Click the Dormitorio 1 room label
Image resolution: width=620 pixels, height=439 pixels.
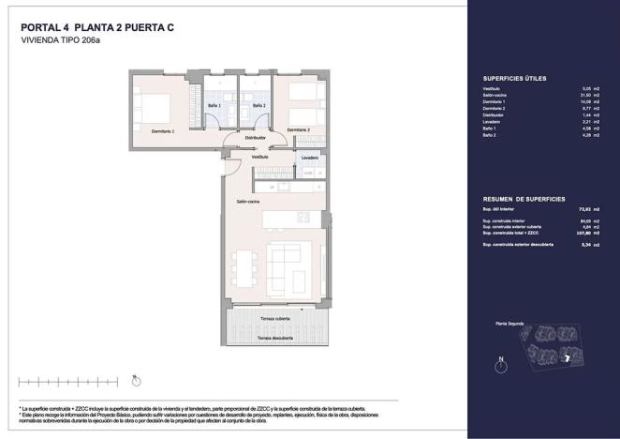pyautogui.click(x=163, y=131)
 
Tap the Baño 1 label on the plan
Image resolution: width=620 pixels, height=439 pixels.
pyautogui.click(x=214, y=106)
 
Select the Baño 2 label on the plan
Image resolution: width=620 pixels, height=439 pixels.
pyautogui.click(x=258, y=106)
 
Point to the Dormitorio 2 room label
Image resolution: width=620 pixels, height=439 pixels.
pyautogui.click(x=298, y=129)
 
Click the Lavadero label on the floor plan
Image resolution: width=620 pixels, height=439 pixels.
pyautogui.click(x=310, y=158)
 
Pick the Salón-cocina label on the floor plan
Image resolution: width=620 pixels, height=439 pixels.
pyautogui.click(x=247, y=201)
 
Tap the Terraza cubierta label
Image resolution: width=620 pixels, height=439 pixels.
pyautogui.click(x=274, y=320)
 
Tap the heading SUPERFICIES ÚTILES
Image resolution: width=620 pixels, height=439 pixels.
pyautogui.click(x=514, y=78)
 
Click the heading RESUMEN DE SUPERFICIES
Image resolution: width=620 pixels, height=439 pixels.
pyautogui.click(x=524, y=200)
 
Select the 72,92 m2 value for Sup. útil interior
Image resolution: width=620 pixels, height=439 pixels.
pyautogui.click(x=589, y=210)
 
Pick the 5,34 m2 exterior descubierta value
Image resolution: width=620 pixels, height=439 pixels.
pyautogui.click(x=589, y=244)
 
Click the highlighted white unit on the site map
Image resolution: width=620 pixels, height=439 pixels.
pyautogui.click(x=567, y=358)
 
